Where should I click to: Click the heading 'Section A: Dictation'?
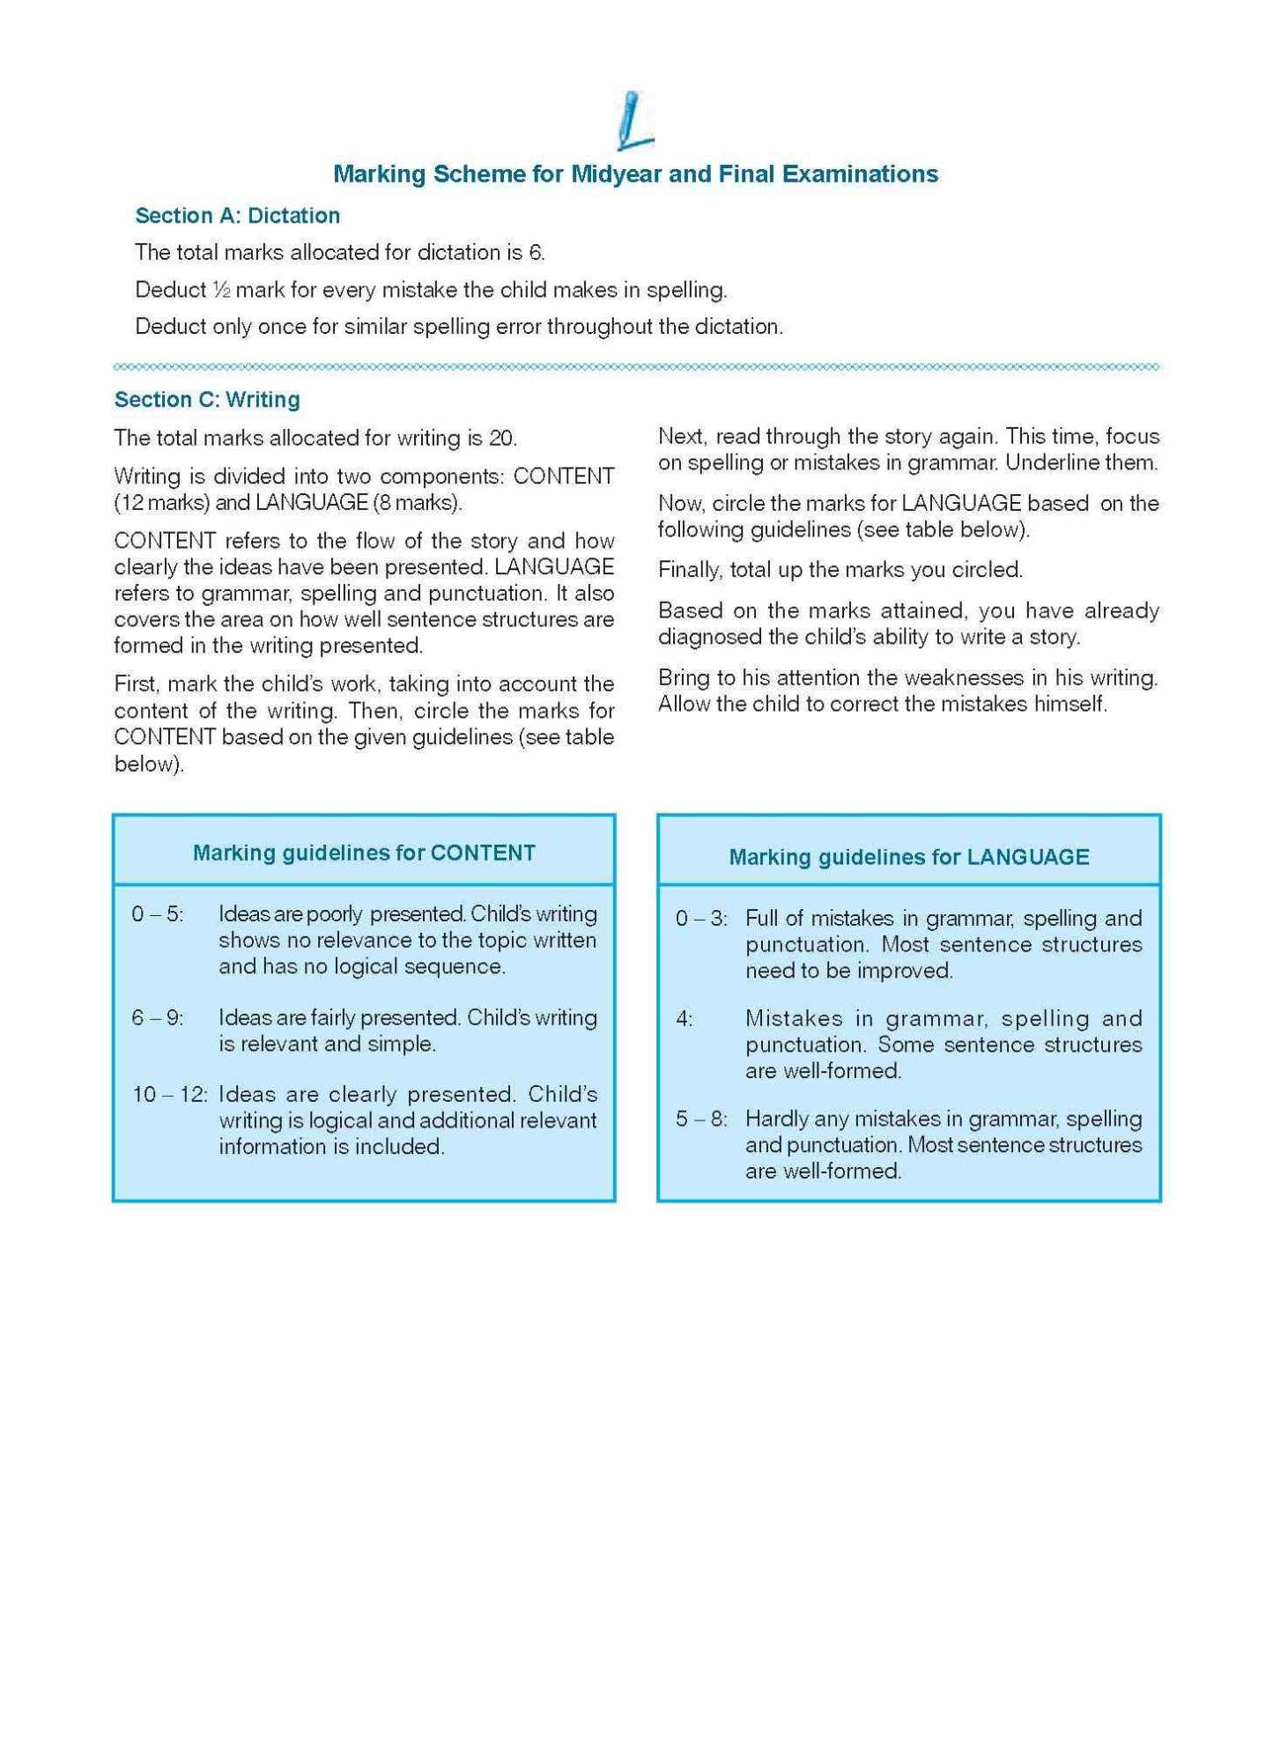pyautogui.click(x=237, y=216)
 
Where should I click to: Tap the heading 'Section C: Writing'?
pyautogui.click(x=207, y=400)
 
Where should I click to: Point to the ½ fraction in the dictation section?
pyautogui.click(x=220, y=290)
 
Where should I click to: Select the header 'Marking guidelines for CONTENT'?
pyautogui.click(x=364, y=853)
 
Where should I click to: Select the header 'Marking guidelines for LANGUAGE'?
pyautogui.click(x=908, y=857)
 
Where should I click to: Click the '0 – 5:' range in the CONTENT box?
pyautogui.click(x=158, y=914)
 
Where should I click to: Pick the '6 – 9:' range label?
pyautogui.click(x=158, y=1018)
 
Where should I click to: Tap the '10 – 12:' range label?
pyautogui.click(x=169, y=1095)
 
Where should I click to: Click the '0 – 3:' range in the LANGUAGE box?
pyautogui.click(x=701, y=919)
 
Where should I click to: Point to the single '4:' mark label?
pyautogui.click(x=684, y=1019)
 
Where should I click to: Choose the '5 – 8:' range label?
pyautogui.click(x=701, y=1120)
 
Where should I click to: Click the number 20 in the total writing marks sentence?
pyautogui.click(x=501, y=438)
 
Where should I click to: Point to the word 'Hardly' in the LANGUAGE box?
pyautogui.click(x=773, y=1119)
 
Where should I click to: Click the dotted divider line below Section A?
pyautogui.click(x=636, y=366)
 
